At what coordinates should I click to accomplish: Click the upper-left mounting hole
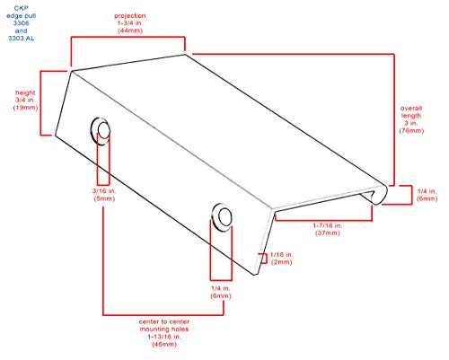coord(101,131)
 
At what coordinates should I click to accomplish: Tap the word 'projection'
coord(130,15)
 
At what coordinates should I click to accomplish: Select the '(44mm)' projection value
coord(130,31)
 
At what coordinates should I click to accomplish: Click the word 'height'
coord(25,92)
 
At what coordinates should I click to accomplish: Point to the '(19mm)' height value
coord(26,108)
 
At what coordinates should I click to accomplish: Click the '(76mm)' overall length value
coord(411,130)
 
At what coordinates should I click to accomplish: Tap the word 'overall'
coord(411,108)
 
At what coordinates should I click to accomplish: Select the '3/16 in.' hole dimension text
coord(104,191)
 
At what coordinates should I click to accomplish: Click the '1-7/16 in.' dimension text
coord(328,225)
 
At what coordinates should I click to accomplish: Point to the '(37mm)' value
coord(328,233)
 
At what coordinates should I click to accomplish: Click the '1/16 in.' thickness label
coord(282,255)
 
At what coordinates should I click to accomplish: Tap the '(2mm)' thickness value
coord(282,262)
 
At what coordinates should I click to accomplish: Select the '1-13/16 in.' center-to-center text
coord(164,337)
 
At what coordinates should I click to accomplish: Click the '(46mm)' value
coord(164,344)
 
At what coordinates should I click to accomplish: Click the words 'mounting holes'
coord(164,329)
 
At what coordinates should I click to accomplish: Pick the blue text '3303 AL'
coord(22,39)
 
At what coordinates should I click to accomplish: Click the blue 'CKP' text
coord(22,8)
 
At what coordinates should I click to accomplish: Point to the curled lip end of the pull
coord(378,195)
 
